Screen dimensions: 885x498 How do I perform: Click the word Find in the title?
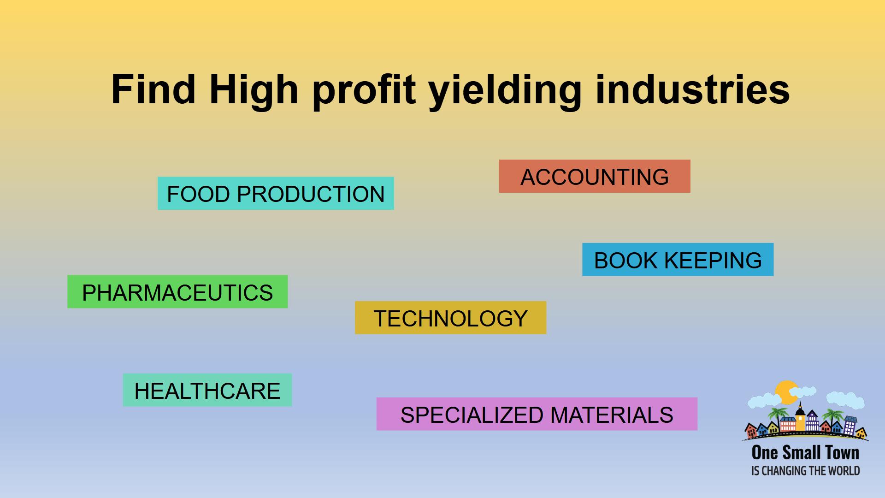[153, 89]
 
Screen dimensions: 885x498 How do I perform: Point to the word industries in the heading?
[692, 89]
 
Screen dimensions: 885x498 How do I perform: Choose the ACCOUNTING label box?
[595, 176]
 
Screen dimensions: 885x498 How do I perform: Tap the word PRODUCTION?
[311, 194]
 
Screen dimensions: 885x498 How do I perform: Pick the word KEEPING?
[713, 260]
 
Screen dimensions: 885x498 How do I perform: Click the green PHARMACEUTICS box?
[177, 292]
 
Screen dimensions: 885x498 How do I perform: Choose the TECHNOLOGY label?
[450, 318]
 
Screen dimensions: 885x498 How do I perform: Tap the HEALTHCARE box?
[207, 390]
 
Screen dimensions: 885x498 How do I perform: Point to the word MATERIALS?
[612, 415]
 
